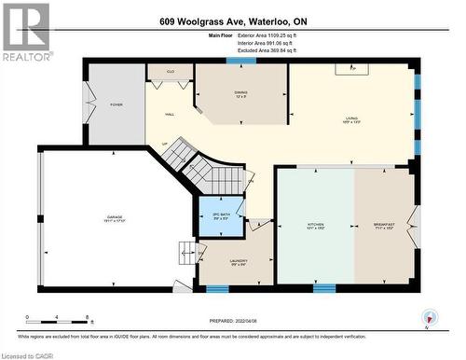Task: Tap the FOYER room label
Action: (116, 105)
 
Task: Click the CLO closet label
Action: (170, 71)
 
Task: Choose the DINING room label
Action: (240, 94)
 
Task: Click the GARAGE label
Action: (114, 218)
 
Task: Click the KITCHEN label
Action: (315, 226)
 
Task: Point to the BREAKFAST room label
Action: (382, 226)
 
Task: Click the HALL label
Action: (170, 114)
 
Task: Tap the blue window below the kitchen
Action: (323, 288)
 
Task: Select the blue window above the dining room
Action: (241, 61)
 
